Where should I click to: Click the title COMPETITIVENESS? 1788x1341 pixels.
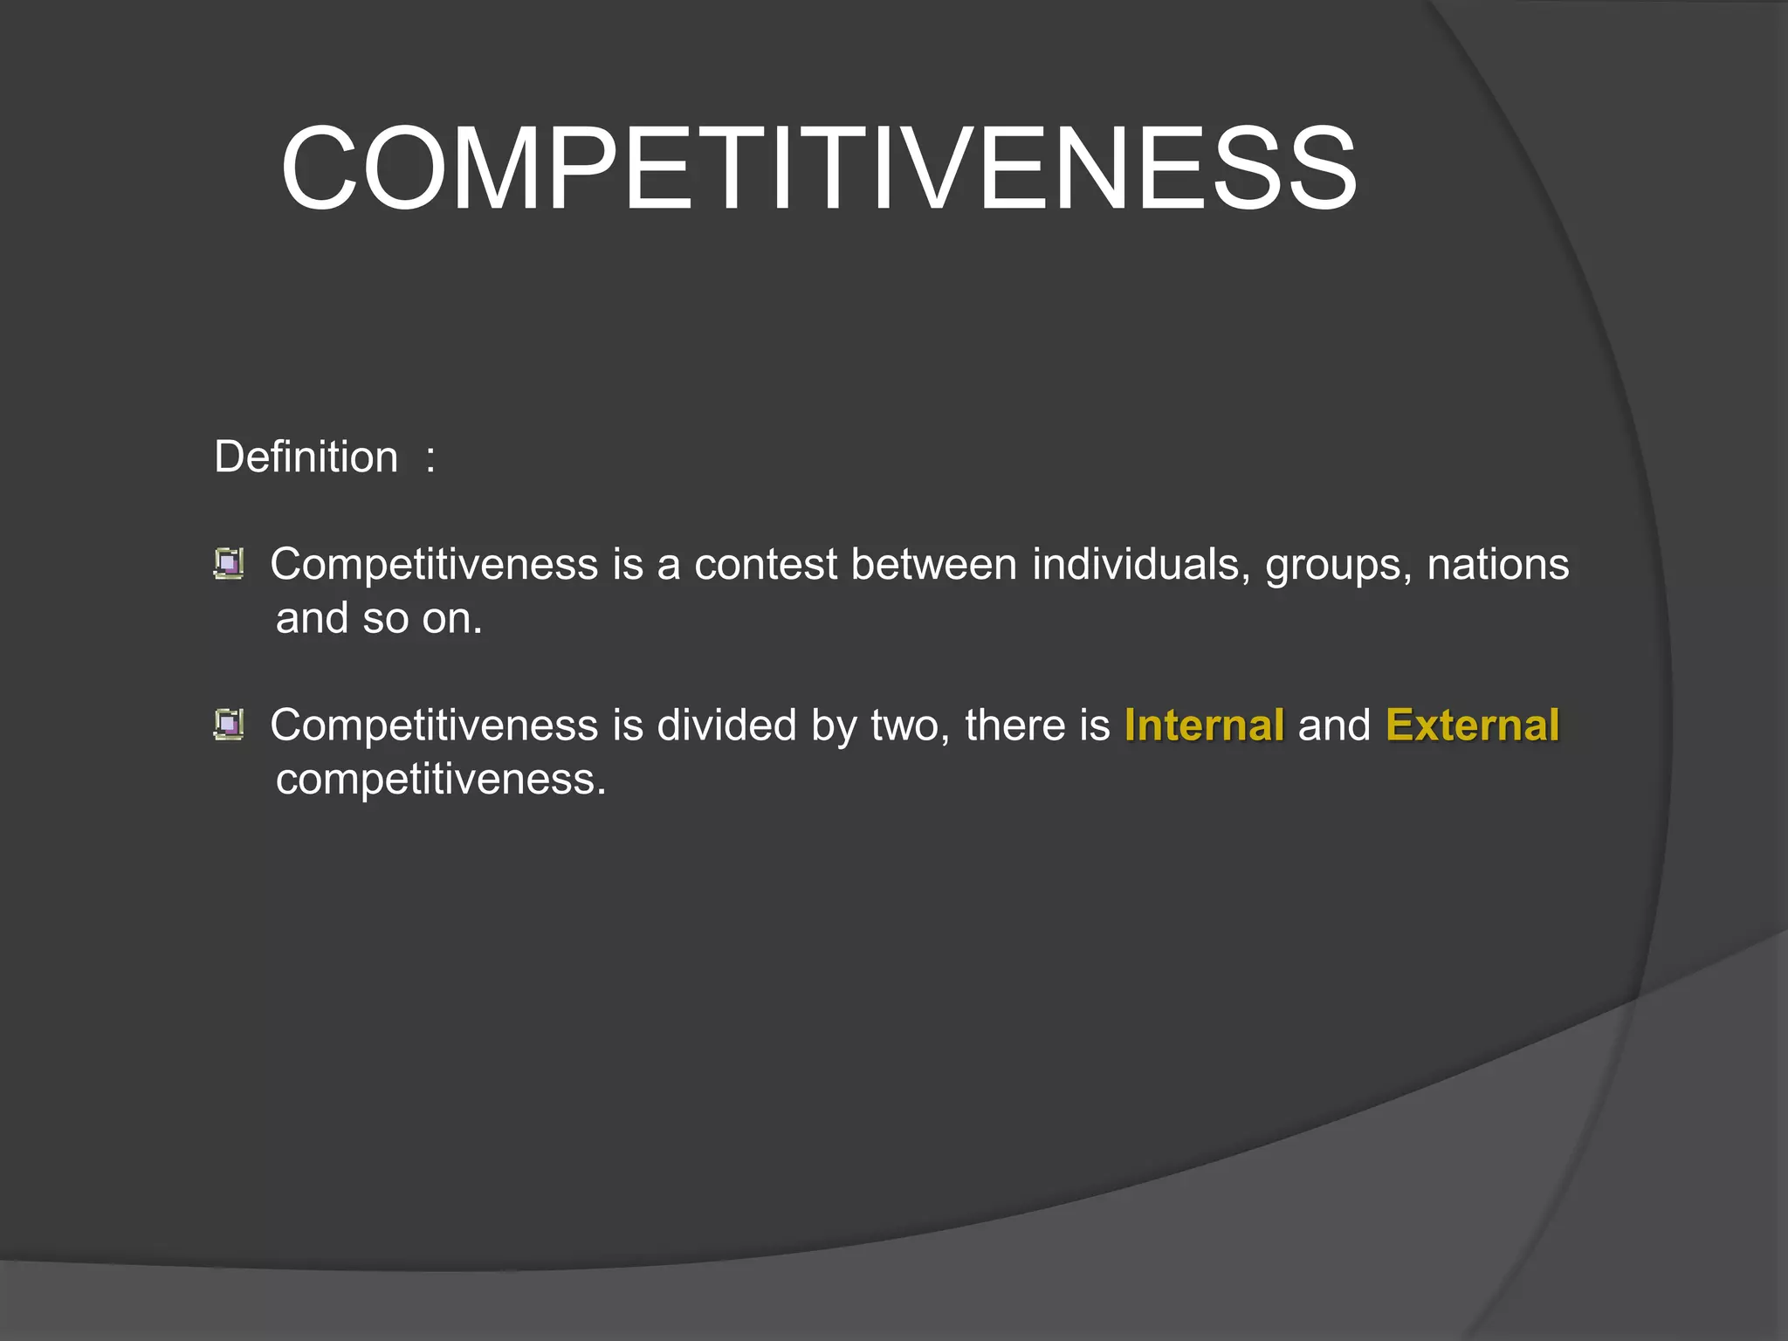coord(818,168)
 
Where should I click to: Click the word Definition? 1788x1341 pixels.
coord(306,457)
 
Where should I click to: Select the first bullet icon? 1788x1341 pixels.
coord(229,563)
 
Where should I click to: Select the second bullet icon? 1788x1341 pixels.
coord(229,725)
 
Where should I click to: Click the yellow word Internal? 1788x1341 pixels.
coord(1204,725)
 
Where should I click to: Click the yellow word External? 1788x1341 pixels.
coord(1472,725)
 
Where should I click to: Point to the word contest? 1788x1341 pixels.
coord(766,564)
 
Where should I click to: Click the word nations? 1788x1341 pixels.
coord(1497,564)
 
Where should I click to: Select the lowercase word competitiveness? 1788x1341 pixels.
coord(441,780)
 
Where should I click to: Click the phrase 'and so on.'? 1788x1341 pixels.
coord(379,618)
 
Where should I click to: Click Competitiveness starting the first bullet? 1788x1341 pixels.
coord(434,564)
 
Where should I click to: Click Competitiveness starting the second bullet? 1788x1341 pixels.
coord(434,725)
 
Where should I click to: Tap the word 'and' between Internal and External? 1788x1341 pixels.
coord(1334,725)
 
